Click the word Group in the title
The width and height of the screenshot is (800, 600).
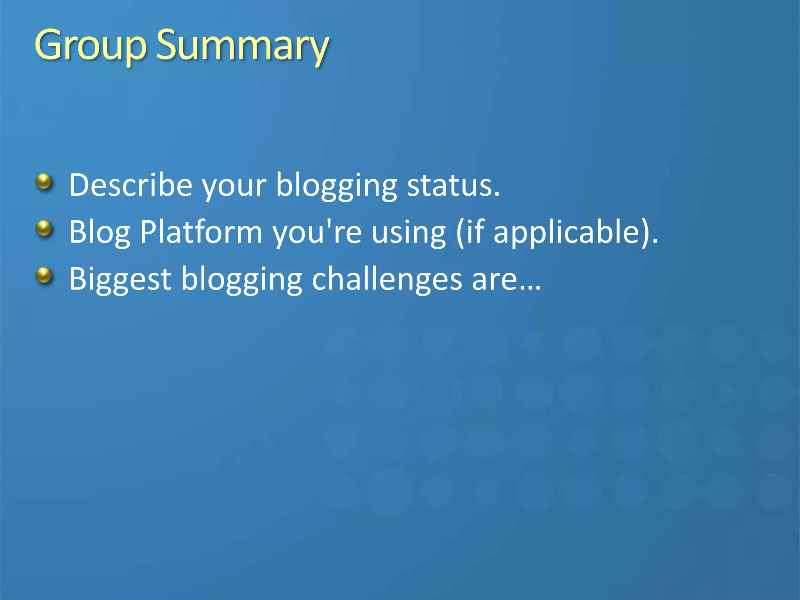tap(90, 46)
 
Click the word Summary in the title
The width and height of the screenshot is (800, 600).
tap(242, 46)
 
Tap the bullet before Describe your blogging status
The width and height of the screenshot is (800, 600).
tap(44, 182)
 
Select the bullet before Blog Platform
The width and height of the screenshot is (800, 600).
tap(44, 229)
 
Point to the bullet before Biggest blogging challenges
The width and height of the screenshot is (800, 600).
tap(44, 276)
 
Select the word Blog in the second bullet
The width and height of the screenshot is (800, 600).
tap(99, 232)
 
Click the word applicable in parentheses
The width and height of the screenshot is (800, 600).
tap(566, 232)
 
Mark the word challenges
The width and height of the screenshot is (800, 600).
tap(387, 279)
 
